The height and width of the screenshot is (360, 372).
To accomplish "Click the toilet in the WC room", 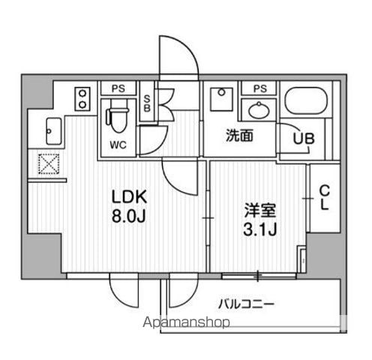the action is (x=117, y=119).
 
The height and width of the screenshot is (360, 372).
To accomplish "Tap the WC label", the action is (x=118, y=145).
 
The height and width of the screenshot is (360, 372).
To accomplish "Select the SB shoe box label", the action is (x=147, y=103).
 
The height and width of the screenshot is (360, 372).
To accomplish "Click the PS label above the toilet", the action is (x=118, y=88).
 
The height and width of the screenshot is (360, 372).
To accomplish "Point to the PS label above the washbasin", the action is (x=260, y=88).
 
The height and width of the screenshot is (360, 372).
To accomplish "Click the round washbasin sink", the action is (x=259, y=109).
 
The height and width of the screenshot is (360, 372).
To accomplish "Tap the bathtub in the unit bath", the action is (x=306, y=100).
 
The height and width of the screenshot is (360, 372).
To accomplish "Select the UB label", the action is (x=304, y=138).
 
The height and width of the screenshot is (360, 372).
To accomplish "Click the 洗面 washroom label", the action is (x=239, y=135).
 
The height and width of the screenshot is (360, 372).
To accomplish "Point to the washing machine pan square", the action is (x=221, y=99).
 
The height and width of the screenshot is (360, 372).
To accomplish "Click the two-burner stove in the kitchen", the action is (x=82, y=99).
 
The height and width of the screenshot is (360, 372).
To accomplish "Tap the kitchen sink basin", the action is (x=53, y=131).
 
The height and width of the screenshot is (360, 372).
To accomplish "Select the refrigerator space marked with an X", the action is (x=49, y=164).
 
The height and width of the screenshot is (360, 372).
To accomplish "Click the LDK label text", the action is (x=129, y=197).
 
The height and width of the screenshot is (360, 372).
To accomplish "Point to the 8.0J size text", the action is (x=128, y=216).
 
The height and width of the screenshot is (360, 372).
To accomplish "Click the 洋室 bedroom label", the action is (x=260, y=211).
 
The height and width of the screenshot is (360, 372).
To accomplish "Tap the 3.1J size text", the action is (x=260, y=229).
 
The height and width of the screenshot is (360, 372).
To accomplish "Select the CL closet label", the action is (x=325, y=197).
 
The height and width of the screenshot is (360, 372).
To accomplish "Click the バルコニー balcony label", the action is (x=247, y=304).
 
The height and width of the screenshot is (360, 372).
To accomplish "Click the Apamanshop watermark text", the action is (x=187, y=322).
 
